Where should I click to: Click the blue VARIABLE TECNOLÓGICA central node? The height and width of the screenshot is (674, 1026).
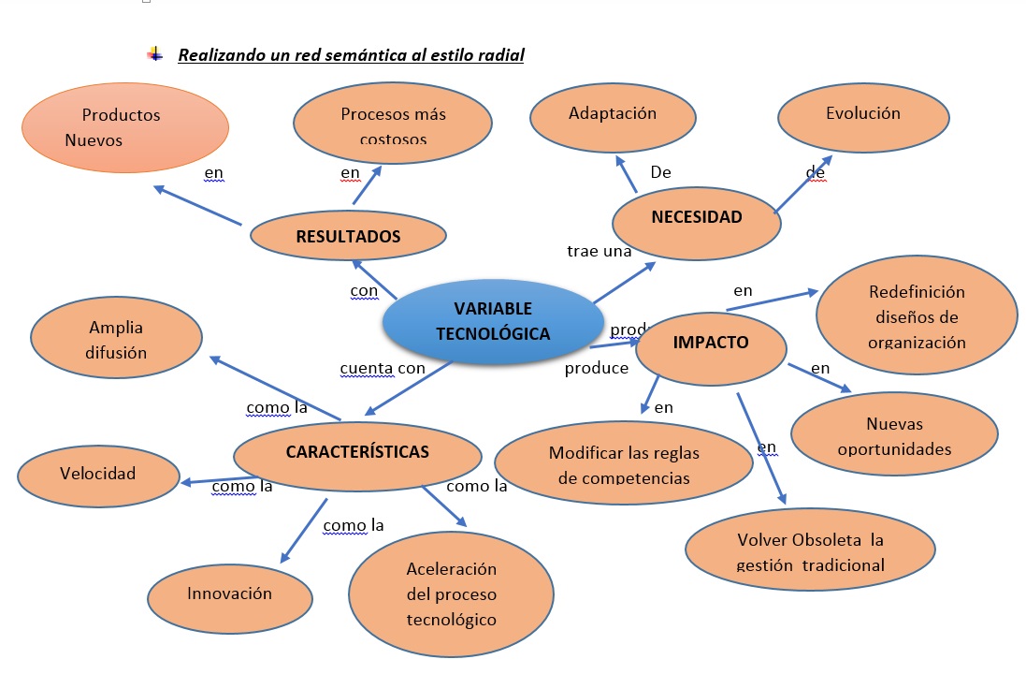[493, 321]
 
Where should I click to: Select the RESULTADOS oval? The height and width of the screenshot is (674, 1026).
[348, 236]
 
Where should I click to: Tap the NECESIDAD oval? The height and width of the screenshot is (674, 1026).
[696, 218]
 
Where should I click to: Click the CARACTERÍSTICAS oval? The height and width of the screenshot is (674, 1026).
[357, 452]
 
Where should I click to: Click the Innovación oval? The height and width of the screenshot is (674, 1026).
[229, 593]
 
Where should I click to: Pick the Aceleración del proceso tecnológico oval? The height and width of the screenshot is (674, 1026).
[451, 594]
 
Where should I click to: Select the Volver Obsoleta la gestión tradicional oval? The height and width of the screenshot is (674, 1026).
[810, 551]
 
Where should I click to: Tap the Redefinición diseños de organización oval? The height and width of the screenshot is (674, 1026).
[916, 316]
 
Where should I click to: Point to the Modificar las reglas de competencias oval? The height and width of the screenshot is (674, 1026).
[623, 464]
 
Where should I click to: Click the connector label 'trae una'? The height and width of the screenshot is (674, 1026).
[599, 251]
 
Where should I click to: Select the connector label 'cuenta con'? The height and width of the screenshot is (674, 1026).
[382, 368]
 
